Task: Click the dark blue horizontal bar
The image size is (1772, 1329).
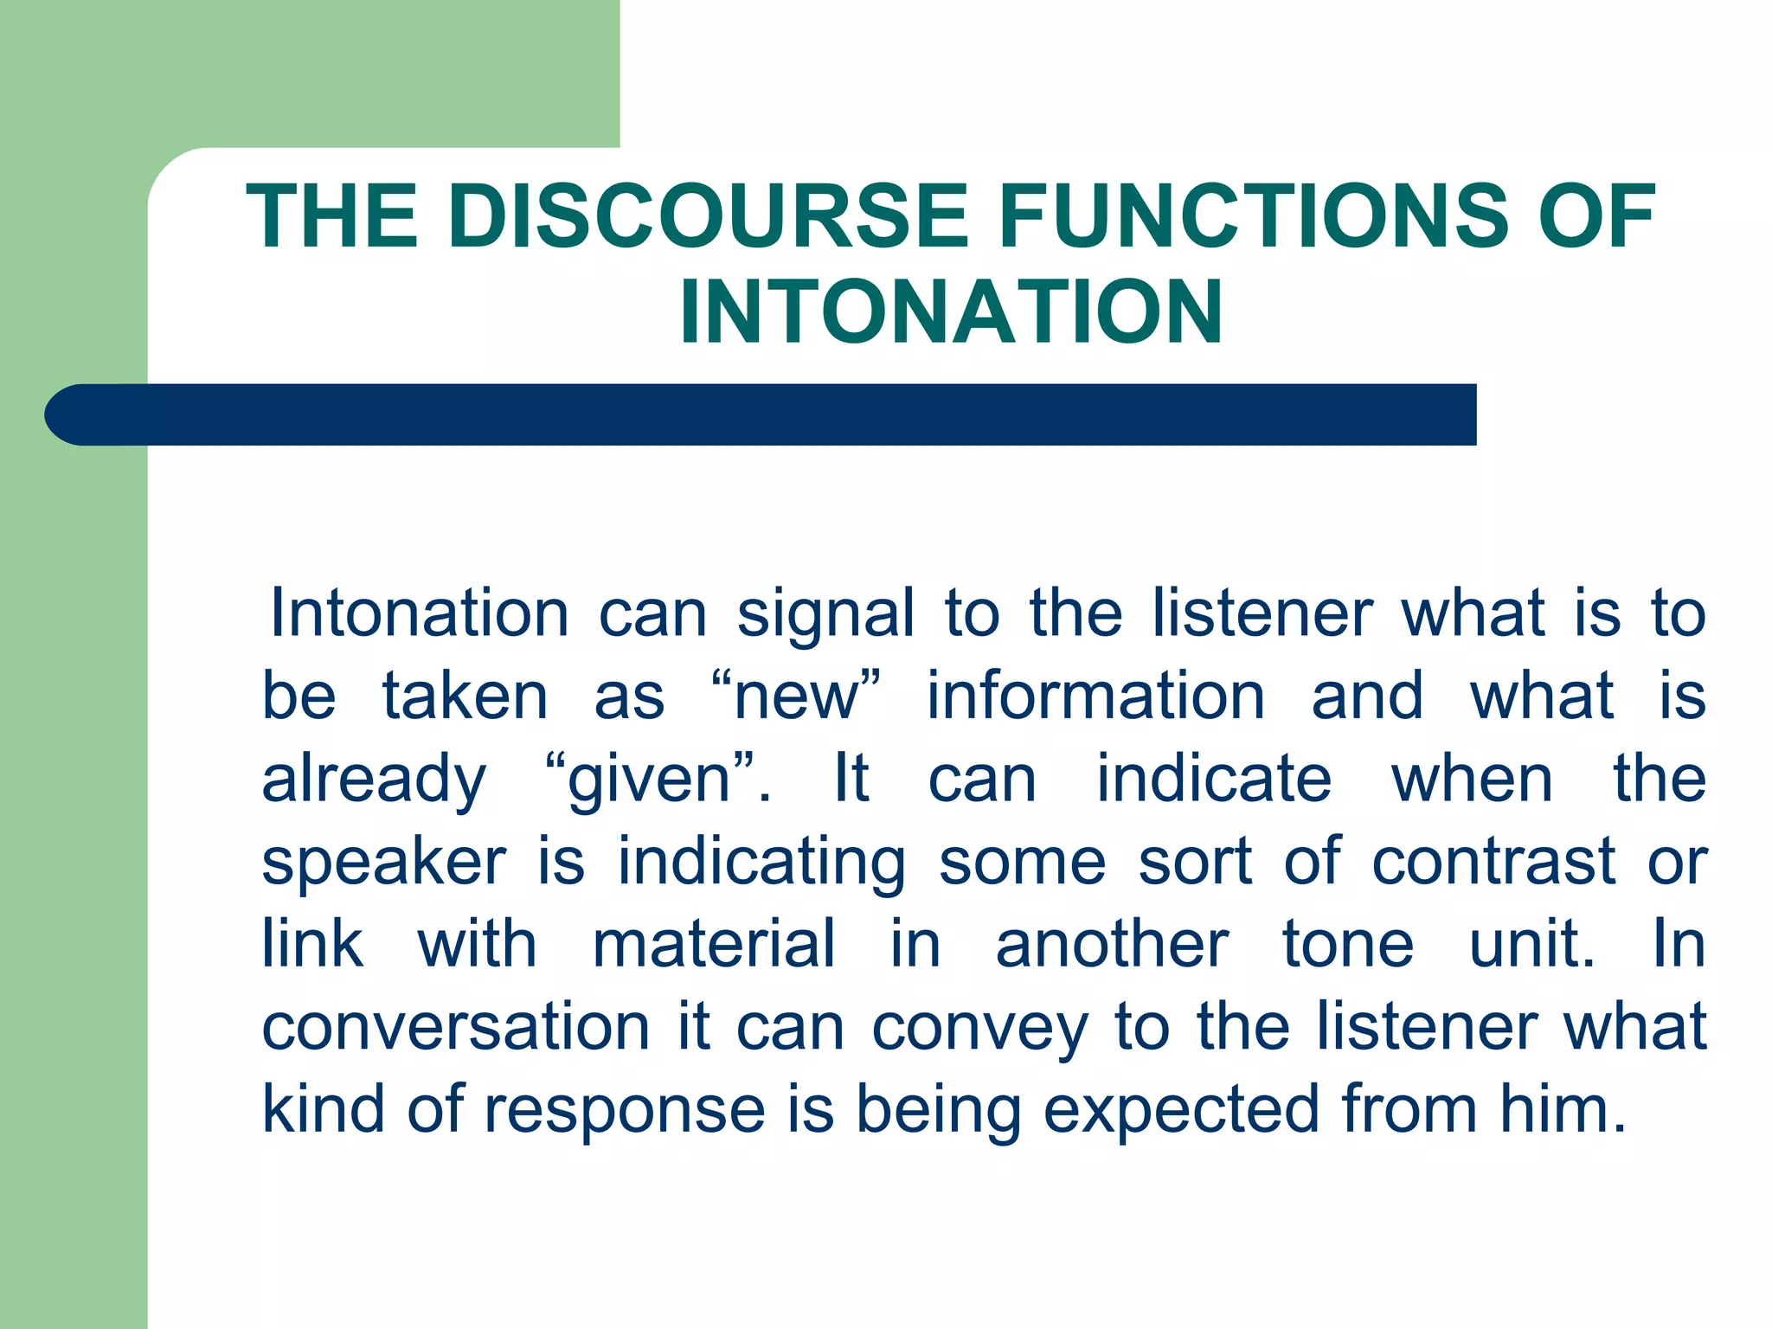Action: [x=761, y=414]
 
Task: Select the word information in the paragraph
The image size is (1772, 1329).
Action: [x=1095, y=697]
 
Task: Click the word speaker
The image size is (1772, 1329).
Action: [x=384, y=864]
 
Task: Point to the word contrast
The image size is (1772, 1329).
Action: [x=1493, y=862]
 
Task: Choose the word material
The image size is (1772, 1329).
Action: [x=714, y=944]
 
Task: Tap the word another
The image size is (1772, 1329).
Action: [x=1112, y=944]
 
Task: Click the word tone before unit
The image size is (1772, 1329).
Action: [x=1347, y=944]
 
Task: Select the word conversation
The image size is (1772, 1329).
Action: [x=455, y=1027]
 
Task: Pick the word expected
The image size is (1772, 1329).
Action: [x=1181, y=1111]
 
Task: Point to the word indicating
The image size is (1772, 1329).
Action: [x=761, y=864]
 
